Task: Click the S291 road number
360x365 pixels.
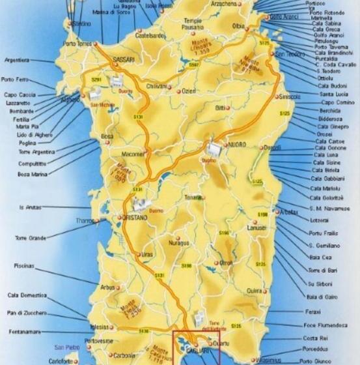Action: [x=97, y=79]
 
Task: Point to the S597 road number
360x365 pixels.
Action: [x=194, y=65]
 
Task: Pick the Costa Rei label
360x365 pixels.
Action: [x=315, y=338]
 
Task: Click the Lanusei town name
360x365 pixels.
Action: [x=256, y=228]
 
